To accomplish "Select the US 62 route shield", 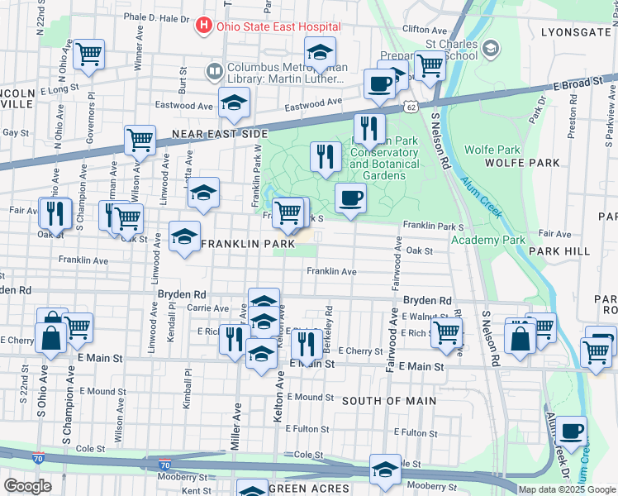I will pos(411,107).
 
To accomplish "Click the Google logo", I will pos(28,486).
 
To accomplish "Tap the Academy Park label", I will pos(488,240).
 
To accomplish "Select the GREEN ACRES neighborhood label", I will pos(309,489).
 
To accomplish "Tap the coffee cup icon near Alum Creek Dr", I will pos(571,430).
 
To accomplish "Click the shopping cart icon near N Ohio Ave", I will pos(88,55).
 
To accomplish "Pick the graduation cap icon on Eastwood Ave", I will pos(234,103).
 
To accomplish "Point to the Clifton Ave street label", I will pos(424,29).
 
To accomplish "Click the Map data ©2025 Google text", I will pos(566,489).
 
